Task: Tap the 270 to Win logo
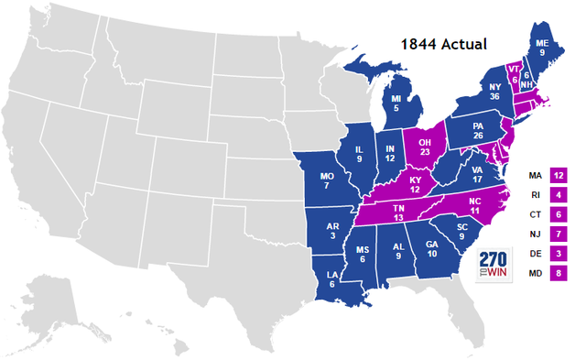(x=494, y=265)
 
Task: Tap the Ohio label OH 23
(x=426, y=148)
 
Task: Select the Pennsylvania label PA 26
(x=477, y=131)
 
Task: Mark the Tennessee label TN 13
(x=399, y=213)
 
